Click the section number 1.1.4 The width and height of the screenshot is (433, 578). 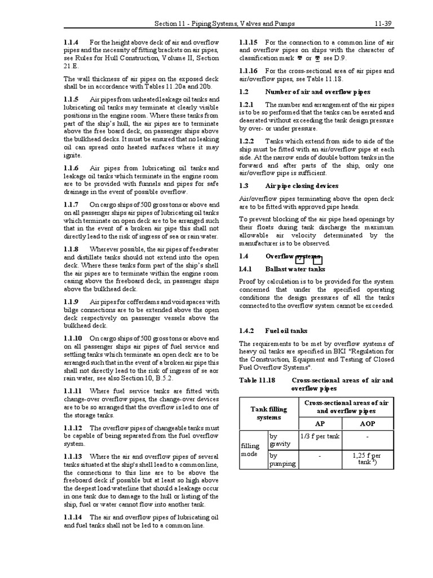(x=72, y=42)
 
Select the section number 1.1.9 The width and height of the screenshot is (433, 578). (x=72, y=302)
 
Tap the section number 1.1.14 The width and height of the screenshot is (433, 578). (x=73, y=517)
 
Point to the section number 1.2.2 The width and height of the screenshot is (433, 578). (x=247, y=141)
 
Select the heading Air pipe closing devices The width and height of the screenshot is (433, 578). (x=302, y=186)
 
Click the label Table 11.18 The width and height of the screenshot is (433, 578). (x=257, y=380)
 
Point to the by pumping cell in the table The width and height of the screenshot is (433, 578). (x=282, y=459)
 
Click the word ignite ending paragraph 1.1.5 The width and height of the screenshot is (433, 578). (x=73, y=155)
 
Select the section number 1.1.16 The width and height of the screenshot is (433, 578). (x=249, y=71)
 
